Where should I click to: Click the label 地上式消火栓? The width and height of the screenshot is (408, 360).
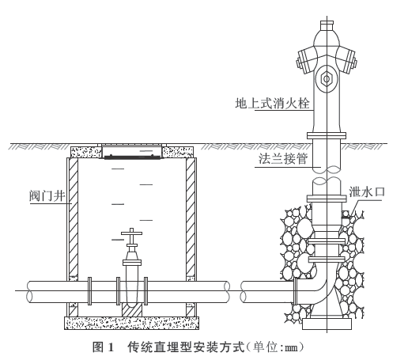(272, 103)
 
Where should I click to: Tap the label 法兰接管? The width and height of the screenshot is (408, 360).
(283, 159)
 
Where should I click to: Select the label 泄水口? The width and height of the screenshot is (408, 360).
(367, 191)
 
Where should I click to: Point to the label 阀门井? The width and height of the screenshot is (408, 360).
(47, 196)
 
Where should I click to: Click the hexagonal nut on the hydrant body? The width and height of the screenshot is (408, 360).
(327, 79)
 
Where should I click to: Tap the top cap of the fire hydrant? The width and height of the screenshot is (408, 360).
(327, 26)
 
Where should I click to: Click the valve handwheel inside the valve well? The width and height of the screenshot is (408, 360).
(131, 233)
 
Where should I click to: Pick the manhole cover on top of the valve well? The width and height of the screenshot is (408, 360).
(131, 152)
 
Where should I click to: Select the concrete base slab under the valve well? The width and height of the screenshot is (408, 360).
(131, 323)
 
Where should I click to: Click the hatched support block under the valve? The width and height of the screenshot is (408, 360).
(132, 310)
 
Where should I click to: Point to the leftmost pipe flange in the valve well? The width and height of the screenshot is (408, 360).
(89, 291)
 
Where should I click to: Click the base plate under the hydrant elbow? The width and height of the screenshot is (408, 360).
(327, 324)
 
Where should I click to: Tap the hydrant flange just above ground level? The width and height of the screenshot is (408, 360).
(327, 135)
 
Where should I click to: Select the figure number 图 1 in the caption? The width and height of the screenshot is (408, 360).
(103, 347)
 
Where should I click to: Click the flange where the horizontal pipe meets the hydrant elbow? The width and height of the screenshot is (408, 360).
(296, 291)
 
